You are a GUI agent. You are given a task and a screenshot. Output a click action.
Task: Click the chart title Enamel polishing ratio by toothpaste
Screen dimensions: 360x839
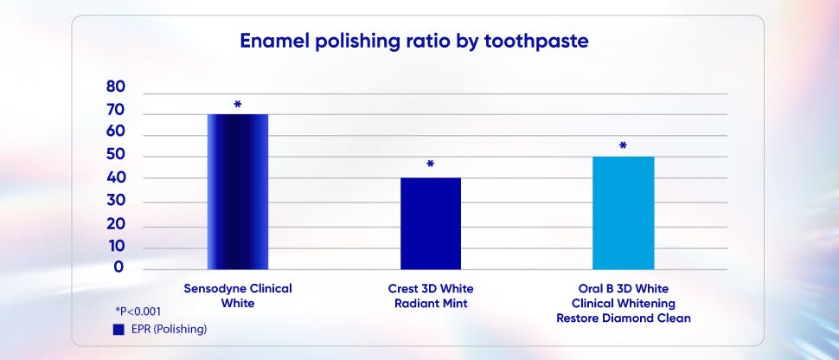click(419, 41)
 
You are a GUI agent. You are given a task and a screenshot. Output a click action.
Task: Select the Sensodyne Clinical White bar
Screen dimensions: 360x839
click(238, 191)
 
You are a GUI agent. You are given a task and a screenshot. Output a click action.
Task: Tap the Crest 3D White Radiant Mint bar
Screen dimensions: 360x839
click(430, 223)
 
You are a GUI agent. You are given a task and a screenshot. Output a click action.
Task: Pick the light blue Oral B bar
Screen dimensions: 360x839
click(623, 213)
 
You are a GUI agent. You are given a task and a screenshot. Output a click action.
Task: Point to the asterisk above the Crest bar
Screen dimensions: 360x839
click(430, 164)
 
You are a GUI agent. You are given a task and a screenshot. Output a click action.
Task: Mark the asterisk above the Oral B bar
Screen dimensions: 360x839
click(623, 146)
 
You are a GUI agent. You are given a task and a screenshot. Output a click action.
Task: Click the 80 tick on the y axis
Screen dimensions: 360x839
click(116, 87)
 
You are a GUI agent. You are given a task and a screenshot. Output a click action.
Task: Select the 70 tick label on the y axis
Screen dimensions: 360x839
click(116, 111)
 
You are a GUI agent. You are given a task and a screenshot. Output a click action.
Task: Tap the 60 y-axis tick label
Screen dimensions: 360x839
click(116, 132)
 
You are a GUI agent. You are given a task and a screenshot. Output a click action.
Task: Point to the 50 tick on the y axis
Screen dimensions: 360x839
click(116, 156)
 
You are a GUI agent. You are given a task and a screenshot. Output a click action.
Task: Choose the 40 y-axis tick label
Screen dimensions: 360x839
click(116, 177)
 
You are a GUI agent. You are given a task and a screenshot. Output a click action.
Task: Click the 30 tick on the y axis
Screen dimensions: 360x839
click(116, 202)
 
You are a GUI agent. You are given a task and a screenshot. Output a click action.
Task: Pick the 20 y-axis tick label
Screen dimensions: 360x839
click(116, 224)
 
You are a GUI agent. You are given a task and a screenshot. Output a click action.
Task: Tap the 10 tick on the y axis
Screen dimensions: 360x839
click(116, 247)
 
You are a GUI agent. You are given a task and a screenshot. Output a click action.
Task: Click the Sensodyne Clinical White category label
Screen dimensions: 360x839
click(238, 295)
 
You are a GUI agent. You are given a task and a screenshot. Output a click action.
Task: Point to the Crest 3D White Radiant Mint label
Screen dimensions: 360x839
click(430, 295)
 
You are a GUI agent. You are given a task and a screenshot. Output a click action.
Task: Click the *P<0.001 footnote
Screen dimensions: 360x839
click(138, 311)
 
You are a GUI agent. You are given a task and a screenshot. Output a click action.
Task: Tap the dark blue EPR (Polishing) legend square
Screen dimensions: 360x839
click(118, 330)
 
